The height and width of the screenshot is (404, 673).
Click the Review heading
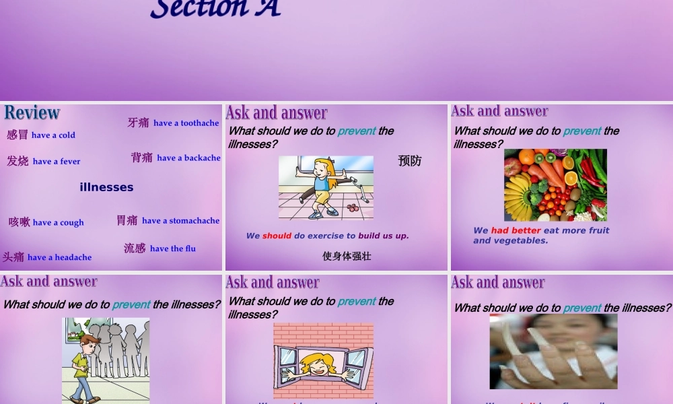click(x=32, y=112)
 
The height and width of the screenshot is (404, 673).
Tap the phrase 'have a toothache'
click(x=186, y=123)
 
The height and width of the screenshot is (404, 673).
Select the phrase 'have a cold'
click(x=53, y=135)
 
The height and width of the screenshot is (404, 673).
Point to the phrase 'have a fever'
click(x=57, y=162)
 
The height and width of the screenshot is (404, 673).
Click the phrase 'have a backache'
click(x=188, y=158)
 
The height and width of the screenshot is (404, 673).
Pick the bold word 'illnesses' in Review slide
click(x=106, y=187)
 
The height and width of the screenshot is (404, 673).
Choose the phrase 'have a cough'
click(x=59, y=223)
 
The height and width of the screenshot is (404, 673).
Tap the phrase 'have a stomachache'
click(x=180, y=221)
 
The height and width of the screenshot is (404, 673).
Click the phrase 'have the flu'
click(x=173, y=248)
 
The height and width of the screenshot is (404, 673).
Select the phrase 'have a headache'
click(x=59, y=257)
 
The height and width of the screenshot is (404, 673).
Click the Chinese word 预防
click(x=409, y=161)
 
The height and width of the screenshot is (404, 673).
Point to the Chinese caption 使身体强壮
click(x=347, y=256)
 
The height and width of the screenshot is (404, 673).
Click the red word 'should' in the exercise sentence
click(x=277, y=236)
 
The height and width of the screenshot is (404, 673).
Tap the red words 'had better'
click(x=516, y=230)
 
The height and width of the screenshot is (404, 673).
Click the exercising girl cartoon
click(x=326, y=187)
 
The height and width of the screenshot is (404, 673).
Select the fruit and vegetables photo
click(x=555, y=185)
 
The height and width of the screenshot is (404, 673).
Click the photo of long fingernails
click(x=553, y=351)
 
